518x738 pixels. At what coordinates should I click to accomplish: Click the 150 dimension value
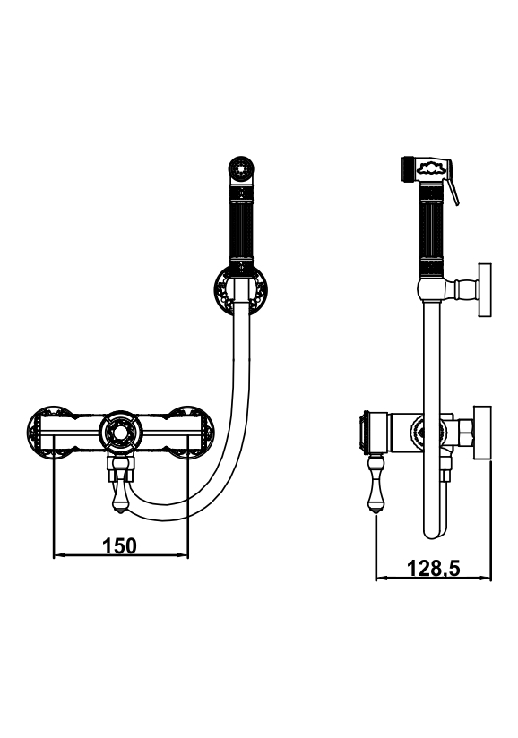[119, 546]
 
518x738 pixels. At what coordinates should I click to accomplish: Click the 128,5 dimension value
[433, 568]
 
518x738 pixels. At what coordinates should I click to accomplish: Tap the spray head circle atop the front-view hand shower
[242, 167]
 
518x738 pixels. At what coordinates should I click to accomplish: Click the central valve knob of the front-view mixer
[121, 432]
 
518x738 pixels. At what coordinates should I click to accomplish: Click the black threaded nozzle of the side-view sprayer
[407, 169]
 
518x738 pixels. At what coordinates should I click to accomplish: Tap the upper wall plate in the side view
[485, 289]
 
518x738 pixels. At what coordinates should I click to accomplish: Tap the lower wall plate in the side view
[482, 431]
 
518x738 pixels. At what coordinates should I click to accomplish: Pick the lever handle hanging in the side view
[376, 485]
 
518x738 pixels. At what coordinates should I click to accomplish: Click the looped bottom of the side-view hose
[434, 529]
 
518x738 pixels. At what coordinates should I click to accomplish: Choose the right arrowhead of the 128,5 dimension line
[486, 578]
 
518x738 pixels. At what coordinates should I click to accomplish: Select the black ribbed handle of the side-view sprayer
[431, 232]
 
